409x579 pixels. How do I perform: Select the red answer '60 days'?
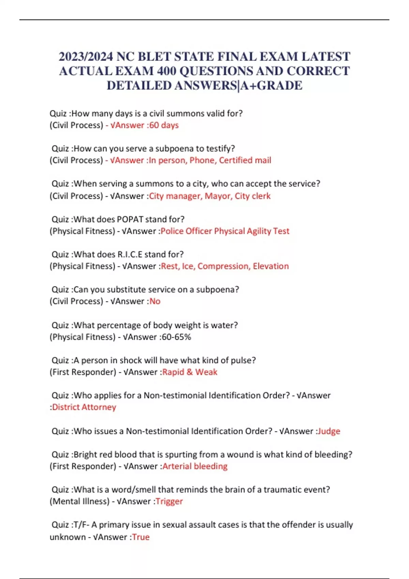pyautogui.click(x=164, y=125)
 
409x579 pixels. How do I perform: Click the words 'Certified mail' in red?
pyautogui.click(x=245, y=160)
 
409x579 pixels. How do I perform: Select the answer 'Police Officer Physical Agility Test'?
pyautogui.click(x=225, y=231)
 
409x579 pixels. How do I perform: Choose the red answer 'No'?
pyautogui.click(x=155, y=301)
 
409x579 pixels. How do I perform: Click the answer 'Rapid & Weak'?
pyautogui.click(x=190, y=372)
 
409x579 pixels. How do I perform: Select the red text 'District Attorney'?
pyautogui.click(x=84, y=407)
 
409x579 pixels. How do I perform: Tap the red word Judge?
pyautogui.click(x=329, y=431)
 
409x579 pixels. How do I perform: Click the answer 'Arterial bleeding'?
pyautogui.click(x=195, y=466)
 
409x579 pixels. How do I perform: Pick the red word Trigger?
pyautogui.click(x=169, y=501)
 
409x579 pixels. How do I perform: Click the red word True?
pyautogui.click(x=141, y=537)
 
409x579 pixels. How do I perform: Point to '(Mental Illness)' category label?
pyautogui.click(x=79, y=501)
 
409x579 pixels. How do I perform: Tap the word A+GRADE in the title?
pyautogui.click(x=271, y=85)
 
